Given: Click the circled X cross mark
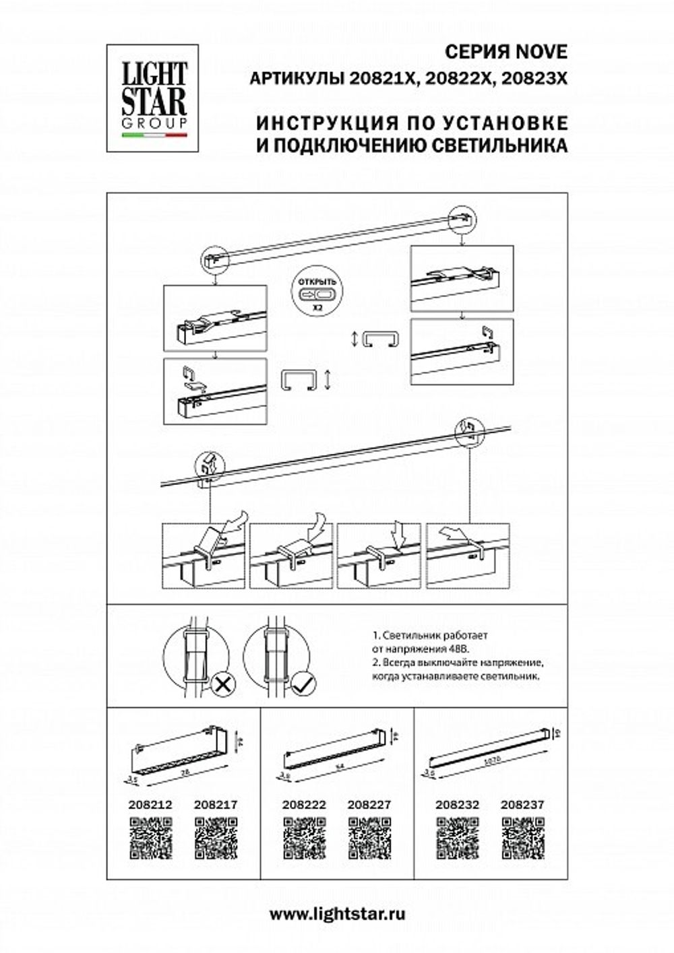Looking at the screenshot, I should (221, 685).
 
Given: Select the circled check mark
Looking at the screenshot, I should (304, 685).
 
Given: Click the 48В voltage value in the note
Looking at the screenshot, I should (456, 648).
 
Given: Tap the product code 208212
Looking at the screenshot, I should (150, 804).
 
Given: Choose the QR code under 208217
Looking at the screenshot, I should (216, 838).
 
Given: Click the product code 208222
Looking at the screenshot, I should (304, 804).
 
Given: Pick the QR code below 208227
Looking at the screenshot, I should (369, 838).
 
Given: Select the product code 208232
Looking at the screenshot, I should (457, 804).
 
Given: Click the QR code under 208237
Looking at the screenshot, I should (522, 838).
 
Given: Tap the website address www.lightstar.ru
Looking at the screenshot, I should (337, 914).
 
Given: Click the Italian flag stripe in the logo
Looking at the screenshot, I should (154, 135).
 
